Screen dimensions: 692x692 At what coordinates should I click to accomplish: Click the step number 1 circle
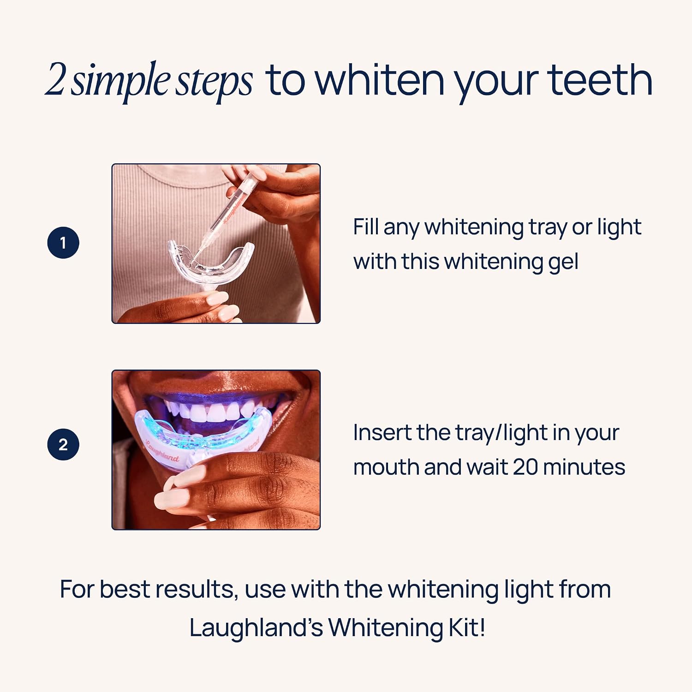coord(63,243)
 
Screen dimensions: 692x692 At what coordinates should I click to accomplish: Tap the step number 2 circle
coord(63,445)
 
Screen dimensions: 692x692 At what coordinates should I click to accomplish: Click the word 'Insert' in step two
coord(382,433)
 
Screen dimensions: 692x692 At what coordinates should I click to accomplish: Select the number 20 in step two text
coord(525,467)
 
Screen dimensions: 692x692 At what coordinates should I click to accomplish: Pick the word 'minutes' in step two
coord(584,467)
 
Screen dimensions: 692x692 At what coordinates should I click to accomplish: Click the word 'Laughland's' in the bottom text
coord(256,628)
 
